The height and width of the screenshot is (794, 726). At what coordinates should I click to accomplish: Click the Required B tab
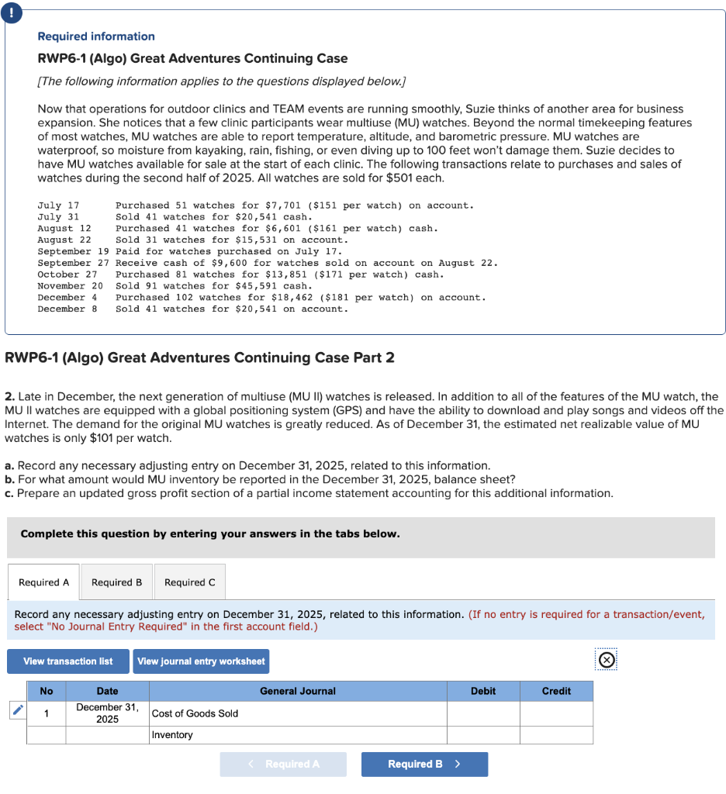click(x=116, y=582)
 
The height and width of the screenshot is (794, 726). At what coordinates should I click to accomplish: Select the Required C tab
click(x=190, y=582)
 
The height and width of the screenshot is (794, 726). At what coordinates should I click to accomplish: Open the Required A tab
click(x=43, y=582)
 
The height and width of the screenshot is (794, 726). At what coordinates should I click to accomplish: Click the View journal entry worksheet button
click(x=201, y=661)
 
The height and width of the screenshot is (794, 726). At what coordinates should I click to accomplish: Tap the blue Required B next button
click(x=424, y=764)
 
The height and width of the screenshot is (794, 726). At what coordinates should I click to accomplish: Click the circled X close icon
click(x=608, y=661)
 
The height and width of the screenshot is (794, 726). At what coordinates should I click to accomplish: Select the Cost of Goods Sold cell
click(x=298, y=713)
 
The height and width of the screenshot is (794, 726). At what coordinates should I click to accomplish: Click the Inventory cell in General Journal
click(x=298, y=734)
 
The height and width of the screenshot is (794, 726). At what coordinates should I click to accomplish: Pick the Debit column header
click(x=483, y=691)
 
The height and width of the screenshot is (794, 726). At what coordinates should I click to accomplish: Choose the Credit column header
click(x=556, y=691)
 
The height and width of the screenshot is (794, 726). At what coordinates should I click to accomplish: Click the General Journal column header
click(x=298, y=691)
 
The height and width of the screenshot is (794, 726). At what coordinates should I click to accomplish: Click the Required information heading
click(x=96, y=36)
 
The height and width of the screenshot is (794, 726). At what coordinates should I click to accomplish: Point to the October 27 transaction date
click(x=67, y=274)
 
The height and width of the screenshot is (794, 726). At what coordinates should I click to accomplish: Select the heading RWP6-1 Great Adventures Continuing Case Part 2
click(x=199, y=357)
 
